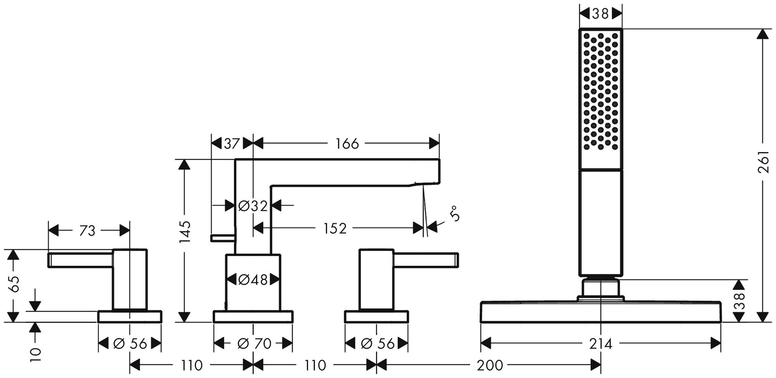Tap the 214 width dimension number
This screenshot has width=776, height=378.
pos(601,343)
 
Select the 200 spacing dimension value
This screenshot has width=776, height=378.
pos(490,365)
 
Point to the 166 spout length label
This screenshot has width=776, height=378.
pos(347,144)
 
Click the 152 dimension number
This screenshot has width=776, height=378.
pos(335,228)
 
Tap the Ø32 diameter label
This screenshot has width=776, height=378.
pos(253,206)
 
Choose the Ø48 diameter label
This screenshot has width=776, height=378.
pos(253,279)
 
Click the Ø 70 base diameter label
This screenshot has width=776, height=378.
pos(254,343)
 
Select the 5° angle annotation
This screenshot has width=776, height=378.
pos(455,214)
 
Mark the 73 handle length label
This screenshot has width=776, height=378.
pos(87,231)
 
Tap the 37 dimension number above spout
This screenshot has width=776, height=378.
pos(232,144)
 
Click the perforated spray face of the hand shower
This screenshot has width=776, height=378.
pos(600,91)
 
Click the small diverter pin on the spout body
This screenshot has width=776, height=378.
pos(222,238)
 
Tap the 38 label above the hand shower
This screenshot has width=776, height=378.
pos(600,14)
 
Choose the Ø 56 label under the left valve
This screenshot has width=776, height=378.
pos(130,343)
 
